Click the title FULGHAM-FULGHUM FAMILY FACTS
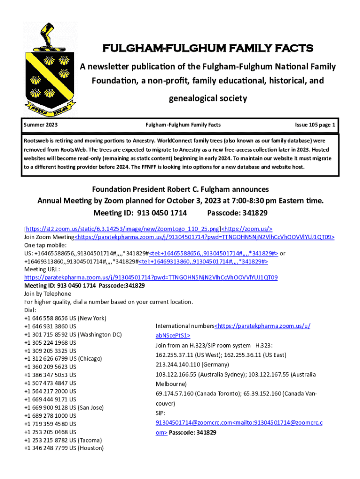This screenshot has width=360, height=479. click(208, 49)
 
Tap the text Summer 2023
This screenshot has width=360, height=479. click(44, 125)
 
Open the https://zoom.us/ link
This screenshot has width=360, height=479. click(247, 229)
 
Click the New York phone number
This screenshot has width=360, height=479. click(65, 319)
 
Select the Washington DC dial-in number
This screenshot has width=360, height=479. click(73, 334)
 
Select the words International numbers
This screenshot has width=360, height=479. click(184, 326)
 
